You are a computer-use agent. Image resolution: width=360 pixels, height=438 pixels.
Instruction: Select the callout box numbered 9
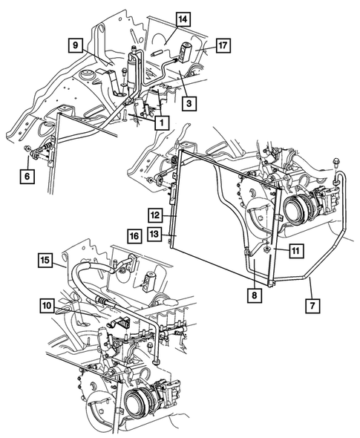[x=75, y=46]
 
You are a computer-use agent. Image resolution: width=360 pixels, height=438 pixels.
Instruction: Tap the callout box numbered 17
[x=223, y=46]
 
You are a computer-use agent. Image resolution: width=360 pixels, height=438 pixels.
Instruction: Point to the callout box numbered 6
[x=27, y=176]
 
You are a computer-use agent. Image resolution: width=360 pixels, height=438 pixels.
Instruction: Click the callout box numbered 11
[x=295, y=252]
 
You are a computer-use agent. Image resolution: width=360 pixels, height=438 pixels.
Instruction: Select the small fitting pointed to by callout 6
[x=30, y=154]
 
